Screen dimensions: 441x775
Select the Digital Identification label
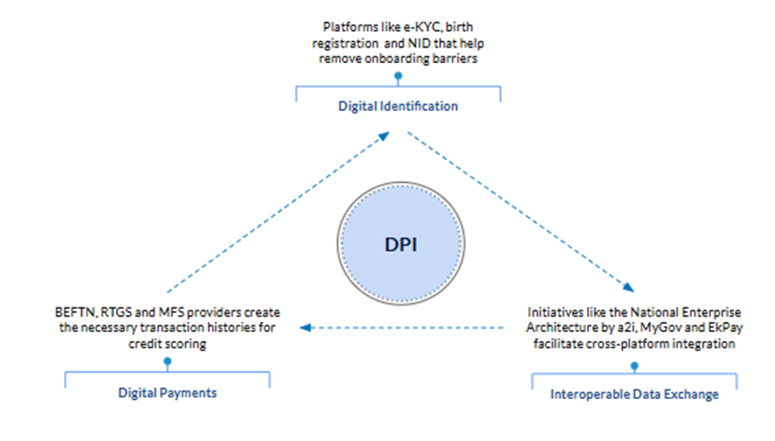[x=398, y=106]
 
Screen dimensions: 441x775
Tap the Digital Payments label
[x=167, y=393]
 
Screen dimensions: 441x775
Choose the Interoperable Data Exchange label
[x=634, y=395]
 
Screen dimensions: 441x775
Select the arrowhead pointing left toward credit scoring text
[x=307, y=327]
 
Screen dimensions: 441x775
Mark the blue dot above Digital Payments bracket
[x=167, y=363]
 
